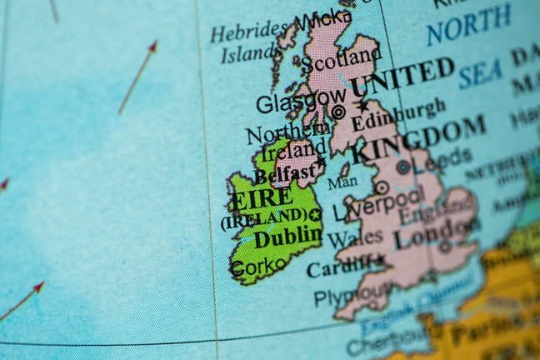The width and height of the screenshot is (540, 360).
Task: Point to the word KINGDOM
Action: pyautogui.click(x=418, y=140)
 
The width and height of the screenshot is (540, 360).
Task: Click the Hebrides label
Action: pyautogui.click(x=248, y=33)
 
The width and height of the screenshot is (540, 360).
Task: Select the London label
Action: pyautogui.click(x=432, y=234)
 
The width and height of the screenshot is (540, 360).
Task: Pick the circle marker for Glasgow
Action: pyautogui.click(x=338, y=112)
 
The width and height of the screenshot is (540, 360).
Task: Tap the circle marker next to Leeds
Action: pyautogui.click(x=402, y=167)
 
